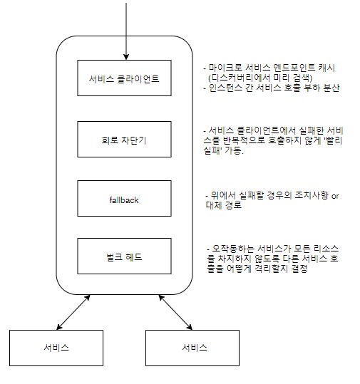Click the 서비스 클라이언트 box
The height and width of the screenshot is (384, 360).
coord(124,78)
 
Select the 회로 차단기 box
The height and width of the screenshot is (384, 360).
coord(124,139)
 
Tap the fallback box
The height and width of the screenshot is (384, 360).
coord(124,198)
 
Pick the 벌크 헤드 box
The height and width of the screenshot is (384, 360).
coord(124,256)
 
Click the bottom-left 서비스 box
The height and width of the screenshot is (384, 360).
coord(56,348)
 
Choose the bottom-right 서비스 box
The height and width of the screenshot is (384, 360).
coord(192,348)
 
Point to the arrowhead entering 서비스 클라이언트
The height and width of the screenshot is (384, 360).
coord(126,57)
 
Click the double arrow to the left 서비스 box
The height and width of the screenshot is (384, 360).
coord(73,312)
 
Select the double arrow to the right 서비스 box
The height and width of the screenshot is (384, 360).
coord(175,312)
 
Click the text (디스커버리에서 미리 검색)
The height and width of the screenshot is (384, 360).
coord(260,78)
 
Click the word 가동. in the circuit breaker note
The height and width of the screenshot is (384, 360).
coord(235,150)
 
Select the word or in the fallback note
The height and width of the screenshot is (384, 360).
coord(335,196)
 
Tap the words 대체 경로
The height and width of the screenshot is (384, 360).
coord(224,205)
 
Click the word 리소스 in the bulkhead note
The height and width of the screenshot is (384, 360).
coord(326,249)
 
